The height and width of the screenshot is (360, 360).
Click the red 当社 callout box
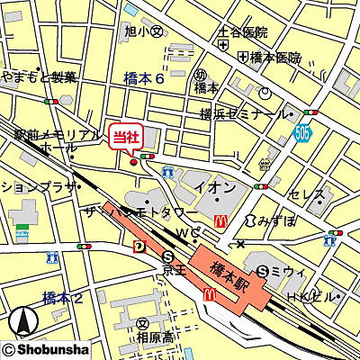pyautogui.click(x=125, y=138)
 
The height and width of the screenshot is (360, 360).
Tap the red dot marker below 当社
pyautogui.click(x=133, y=162)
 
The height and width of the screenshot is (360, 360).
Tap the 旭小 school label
pyautogui.click(x=142, y=31)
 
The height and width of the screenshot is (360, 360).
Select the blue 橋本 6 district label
pyautogui.click(x=143, y=80)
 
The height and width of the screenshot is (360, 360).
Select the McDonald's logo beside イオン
pyautogui.click(x=218, y=220)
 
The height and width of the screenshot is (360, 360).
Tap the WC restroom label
pyautogui.click(x=186, y=234)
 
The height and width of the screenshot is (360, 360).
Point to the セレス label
pyautogui.click(x=305, y=194)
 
